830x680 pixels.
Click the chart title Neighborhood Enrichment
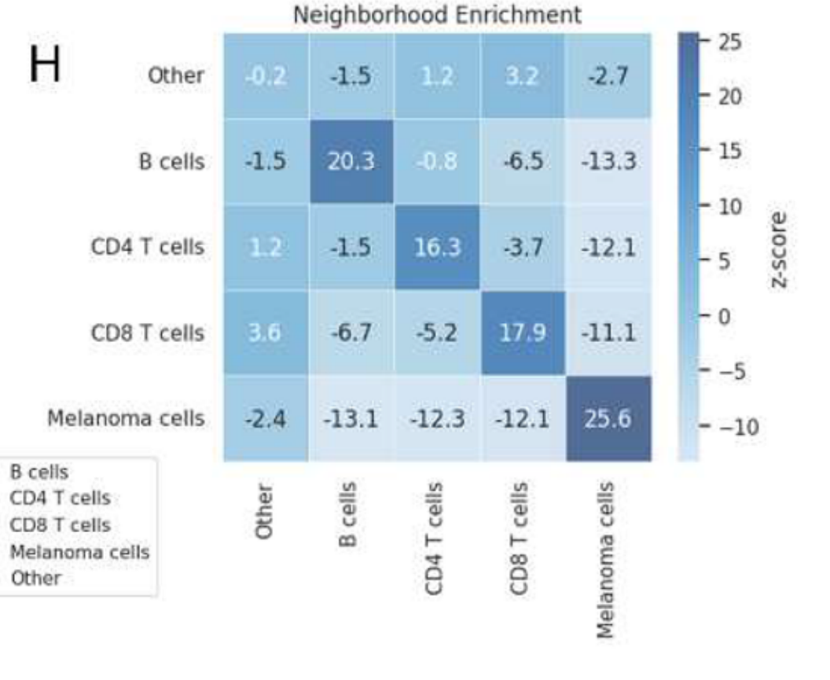pyautogui.click(x=437, y=15)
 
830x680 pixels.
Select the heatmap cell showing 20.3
pyautogui.click(x=351, y=161)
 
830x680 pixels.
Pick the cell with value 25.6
pyautogui.click(x=608, y=418)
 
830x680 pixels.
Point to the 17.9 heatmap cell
pyautogui.click(x=522, y=333)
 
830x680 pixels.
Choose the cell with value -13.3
pyautogui.click(x=608, y=161)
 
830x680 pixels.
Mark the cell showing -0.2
pyautogui.click(x=265, y=75)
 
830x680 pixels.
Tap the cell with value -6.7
pyautogui.click(x=351, y=333)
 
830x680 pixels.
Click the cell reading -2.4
pyautogui.click(x=265, y=418)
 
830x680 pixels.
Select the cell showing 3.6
pyautogui.click(x=265, y=333)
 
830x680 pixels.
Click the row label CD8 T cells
pyautogui.click(x=147, y=333)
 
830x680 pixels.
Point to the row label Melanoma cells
pyautogui.click(x=126, y=418)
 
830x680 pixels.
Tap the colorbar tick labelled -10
pyautogui.click(x=736, y=428)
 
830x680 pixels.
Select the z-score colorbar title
pyautogui.click(x=779, y=248)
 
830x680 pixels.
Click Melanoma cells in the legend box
pyautogui.click(x=79, y=552)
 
